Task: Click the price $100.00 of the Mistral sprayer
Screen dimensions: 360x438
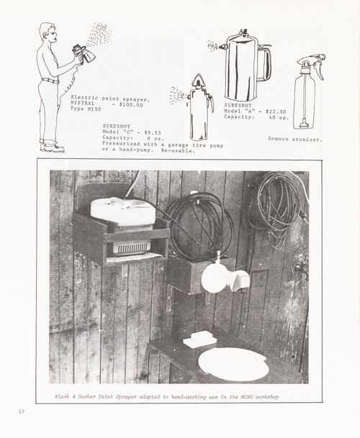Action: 131,105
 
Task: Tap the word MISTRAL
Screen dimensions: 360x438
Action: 83,104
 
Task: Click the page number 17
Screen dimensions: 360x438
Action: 22,411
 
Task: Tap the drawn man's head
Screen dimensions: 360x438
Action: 48,32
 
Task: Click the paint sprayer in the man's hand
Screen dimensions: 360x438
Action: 84,55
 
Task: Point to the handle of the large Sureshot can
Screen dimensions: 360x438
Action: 266,63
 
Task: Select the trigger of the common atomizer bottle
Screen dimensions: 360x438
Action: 319,70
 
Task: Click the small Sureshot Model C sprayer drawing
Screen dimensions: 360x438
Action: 199,108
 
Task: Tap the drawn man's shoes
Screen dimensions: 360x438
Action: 53,147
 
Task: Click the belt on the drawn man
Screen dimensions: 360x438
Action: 50,81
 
